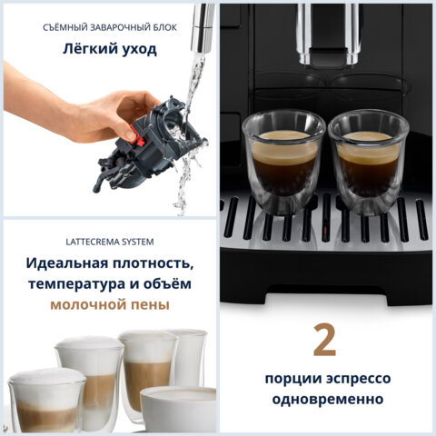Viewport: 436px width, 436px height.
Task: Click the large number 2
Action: pos(324,340)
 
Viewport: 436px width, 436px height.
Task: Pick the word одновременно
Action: pos(324,400)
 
